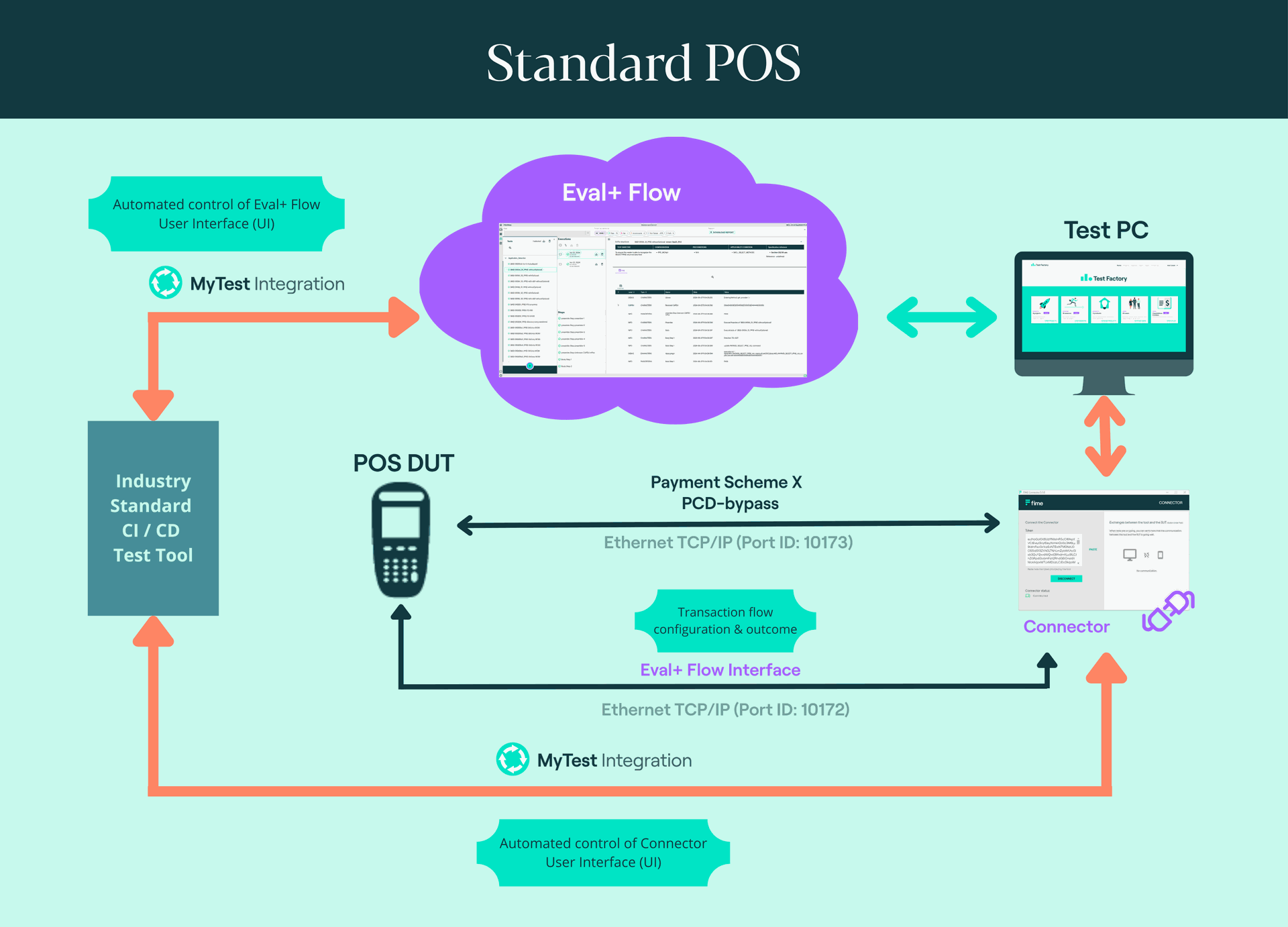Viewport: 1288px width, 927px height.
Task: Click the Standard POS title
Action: (x=643, y=62)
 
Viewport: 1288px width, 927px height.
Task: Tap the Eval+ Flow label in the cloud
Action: (x=621, y=193)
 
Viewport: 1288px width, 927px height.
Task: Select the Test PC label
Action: (x=1106, y=230)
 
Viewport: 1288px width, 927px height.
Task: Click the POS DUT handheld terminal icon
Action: (x=401, y=540)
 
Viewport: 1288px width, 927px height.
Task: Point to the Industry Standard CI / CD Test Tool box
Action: (x=153, y=518)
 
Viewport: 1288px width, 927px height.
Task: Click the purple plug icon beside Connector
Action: (x=1168, y=610)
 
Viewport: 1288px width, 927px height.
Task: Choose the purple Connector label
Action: (x=1066, y=626)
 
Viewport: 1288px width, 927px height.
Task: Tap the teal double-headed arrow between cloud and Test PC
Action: (x=942, y=317)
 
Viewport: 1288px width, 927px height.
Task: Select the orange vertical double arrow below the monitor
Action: (x=1105, y=436)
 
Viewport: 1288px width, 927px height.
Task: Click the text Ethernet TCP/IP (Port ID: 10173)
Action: (x=728, y=543)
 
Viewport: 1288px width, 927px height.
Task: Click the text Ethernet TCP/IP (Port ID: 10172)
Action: (x=725, y=710)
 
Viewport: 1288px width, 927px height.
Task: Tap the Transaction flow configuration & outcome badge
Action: (x=725, y=620)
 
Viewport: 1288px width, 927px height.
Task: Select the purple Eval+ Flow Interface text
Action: (x=720, y=670)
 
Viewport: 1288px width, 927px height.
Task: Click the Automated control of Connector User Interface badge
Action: (x=603, y=853)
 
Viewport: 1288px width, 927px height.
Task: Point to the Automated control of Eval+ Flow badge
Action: (x=216, y=214)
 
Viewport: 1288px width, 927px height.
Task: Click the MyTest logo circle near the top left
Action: (x=165, y=282)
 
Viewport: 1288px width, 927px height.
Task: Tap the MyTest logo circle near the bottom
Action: (x=513, y=759)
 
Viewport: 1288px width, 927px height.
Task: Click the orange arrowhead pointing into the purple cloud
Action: (x=402, y=317)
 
